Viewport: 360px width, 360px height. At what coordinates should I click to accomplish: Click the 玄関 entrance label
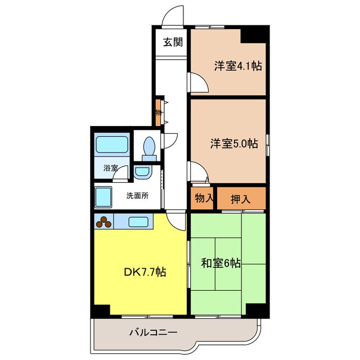click(x=173, y=42)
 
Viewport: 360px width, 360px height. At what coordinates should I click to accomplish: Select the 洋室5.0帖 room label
click(x=235, y=143)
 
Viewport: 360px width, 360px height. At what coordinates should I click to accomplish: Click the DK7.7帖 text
click(x=145, y=272)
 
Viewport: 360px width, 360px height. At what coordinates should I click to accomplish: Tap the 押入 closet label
click(x=241, y=198)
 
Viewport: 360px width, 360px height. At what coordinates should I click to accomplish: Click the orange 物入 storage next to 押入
click(x=203, y=198)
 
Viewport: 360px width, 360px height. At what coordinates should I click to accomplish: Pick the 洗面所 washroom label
click(x=137, y=196)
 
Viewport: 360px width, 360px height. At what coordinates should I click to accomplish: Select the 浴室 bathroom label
click(x=110, y=168)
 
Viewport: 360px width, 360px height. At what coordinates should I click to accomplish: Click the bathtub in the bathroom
click(x=112, y=146)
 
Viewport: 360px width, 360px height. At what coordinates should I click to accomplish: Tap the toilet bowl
click(x=148, y=147)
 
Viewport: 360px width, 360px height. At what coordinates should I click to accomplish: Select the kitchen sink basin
click(x=138, y=222)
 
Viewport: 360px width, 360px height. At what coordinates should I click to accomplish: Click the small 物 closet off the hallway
click(x=159, y=112)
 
